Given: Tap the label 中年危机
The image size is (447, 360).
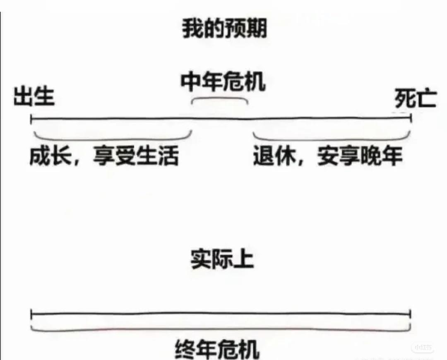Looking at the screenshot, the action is pyautogui.click(x=223, y=82).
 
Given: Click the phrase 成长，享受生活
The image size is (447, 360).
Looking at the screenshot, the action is pyautogui.click(x=104, y=157).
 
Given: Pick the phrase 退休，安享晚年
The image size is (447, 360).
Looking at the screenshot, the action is pyautogui.click(x=328, y=157).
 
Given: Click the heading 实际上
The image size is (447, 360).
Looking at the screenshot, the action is pyautogui.click(x=222, y=259).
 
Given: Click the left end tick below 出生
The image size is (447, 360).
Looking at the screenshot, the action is pyautogui.click(x=31, y=119).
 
